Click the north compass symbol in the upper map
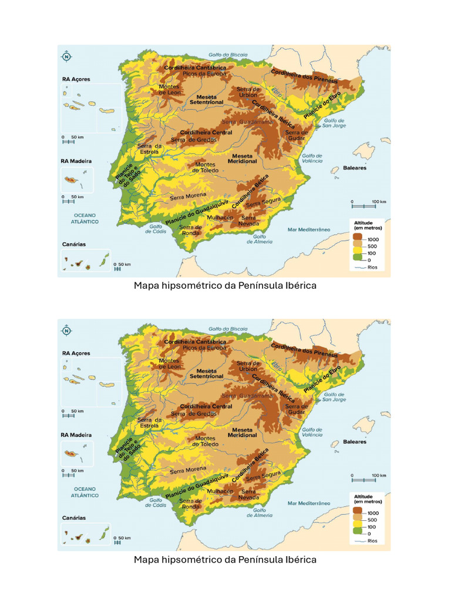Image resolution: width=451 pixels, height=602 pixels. click(66, 57)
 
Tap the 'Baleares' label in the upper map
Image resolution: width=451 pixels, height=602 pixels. click(355, 168)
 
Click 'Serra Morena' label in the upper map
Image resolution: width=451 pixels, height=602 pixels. click(188, 198)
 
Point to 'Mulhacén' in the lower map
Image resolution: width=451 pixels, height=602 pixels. click(220, 491)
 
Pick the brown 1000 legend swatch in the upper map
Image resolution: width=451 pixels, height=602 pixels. click(357, 239)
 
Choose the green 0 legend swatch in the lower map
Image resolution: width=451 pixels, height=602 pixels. click(357, 534)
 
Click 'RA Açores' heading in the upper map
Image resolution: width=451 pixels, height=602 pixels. click(76, 79)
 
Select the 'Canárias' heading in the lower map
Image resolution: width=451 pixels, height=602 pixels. click(74, 518)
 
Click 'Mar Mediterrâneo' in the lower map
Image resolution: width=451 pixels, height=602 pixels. click(309, 503)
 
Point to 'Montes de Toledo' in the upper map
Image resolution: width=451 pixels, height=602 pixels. click(206, 168)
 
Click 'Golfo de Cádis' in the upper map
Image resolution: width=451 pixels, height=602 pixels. click(156, 229)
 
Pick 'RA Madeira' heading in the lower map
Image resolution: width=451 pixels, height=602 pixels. click(77, 434)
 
